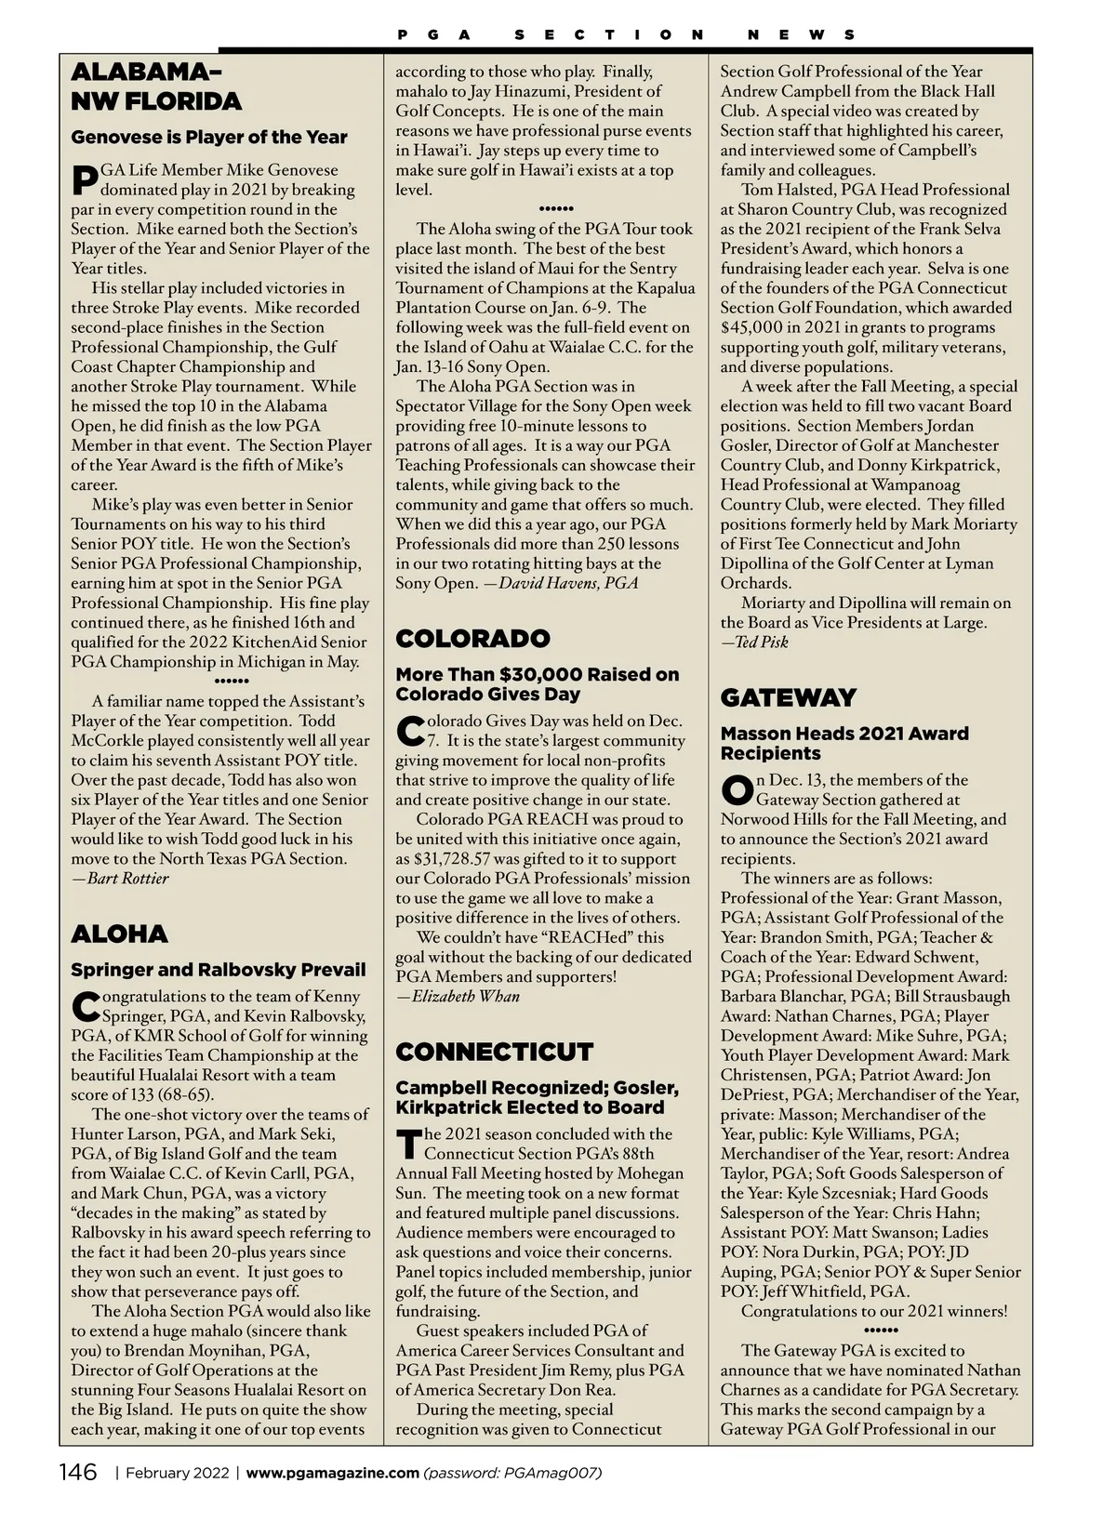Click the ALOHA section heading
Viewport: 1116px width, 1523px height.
[x=120, y=934]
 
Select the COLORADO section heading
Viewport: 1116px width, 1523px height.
[x=472, y=638]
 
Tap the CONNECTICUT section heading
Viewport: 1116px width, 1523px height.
[x=494, y=1052]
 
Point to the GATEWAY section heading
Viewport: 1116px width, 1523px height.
[x=788, y=697]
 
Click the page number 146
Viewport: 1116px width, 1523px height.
[x=78, y=1473]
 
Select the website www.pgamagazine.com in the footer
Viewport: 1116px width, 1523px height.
[x=332, y=1473]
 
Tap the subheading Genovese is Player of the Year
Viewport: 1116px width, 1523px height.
[x=209, y=137]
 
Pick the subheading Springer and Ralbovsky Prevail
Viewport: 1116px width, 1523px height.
[x=219, y=970]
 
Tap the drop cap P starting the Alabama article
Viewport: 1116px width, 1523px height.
[x=83, y=179]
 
